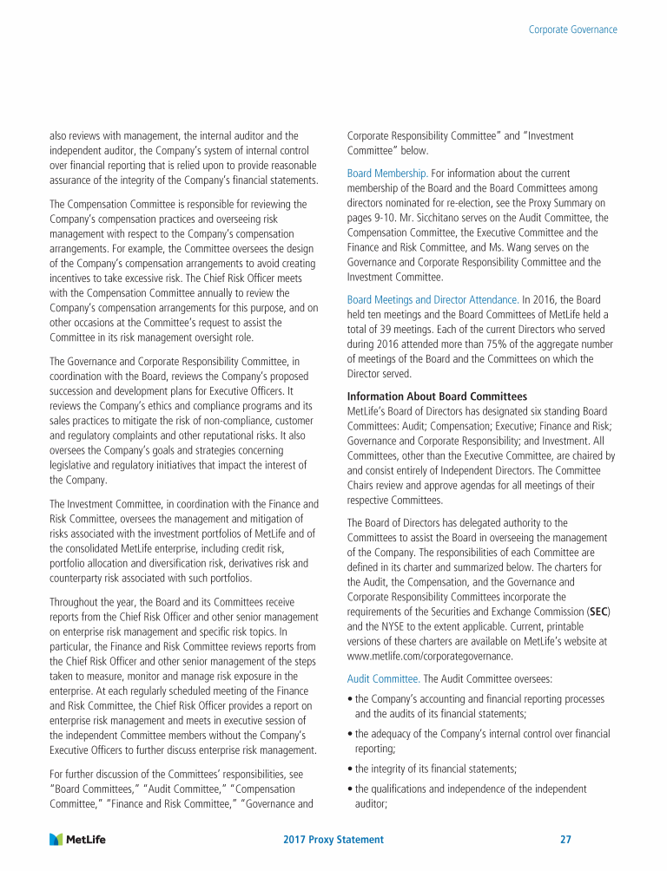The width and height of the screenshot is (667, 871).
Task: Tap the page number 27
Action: [x=565, y=840]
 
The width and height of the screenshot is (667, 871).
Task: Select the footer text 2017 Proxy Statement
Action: [x=333, y=840]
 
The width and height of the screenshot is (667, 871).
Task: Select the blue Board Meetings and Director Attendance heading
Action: [x=433, y=299]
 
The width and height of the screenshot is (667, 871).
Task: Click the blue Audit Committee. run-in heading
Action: [x=383, y=678]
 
